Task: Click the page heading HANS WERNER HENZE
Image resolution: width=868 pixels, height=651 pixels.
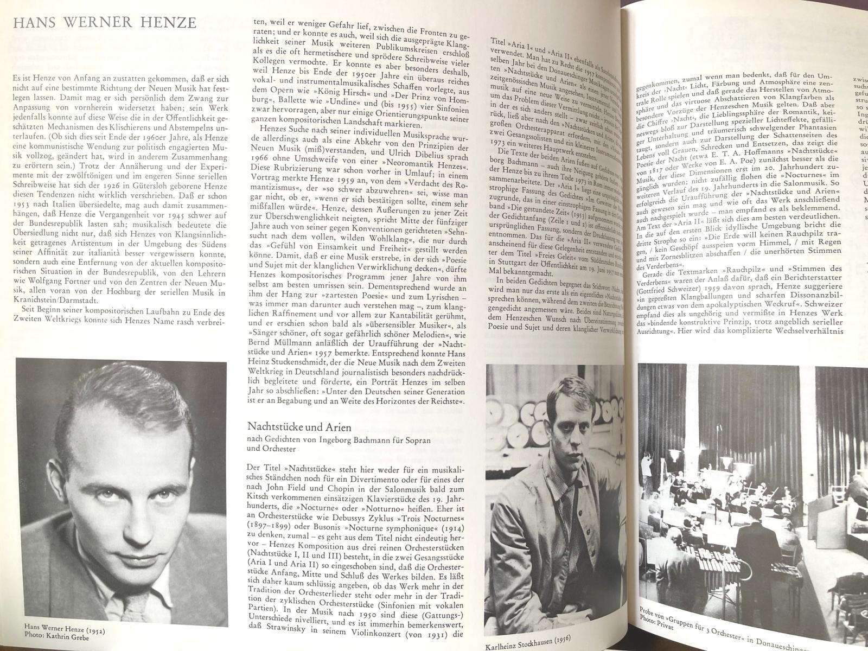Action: pyautogui.click(x=104, y=23)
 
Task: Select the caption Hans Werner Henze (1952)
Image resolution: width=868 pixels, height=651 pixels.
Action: pyautogui.click(x=65, y=631)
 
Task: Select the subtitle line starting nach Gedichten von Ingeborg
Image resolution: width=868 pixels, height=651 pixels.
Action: pyautogui.click(x=340, y=440)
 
